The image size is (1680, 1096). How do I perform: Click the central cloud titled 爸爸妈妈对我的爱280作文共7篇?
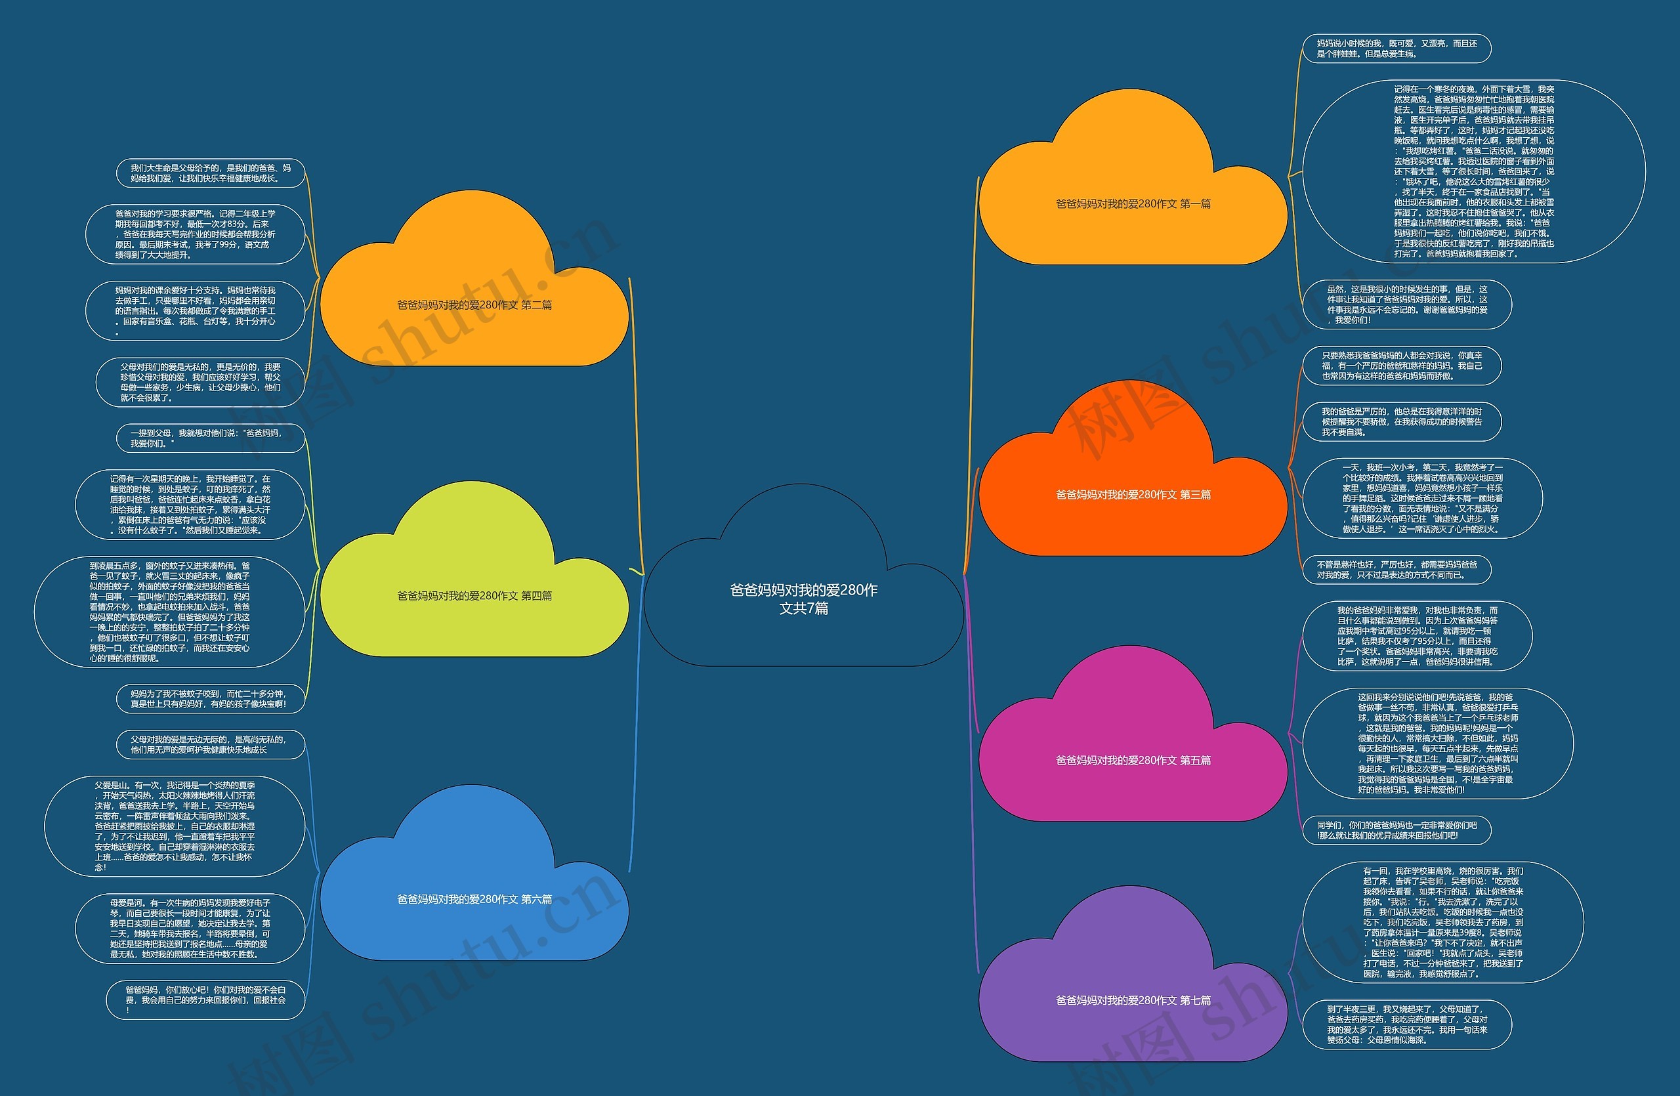pyautogui.click(x=803, y=599)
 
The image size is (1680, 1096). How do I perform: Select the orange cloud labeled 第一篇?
pyautogui.click(x=1133, y=204)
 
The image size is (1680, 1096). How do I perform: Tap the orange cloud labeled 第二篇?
pyautogui.click(x=474, y=305)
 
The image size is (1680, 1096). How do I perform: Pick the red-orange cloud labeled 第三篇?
pyautogui.click(x=1133, y=495)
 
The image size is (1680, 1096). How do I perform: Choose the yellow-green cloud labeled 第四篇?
pyautogui.click(x=474, y=596)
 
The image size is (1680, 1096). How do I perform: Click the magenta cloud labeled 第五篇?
pyautogui.click(x=1133, y=760)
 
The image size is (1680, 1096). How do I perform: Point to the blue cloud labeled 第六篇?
pyautogui.click(x=474, y=899)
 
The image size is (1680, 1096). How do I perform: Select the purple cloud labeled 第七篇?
pyautogui.click(x=1133, y=1000)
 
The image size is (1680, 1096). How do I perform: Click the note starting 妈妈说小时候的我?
pyautogui.click(x=1396, y=49)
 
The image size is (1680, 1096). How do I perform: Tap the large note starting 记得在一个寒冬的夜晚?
pyautogui.click(x=1473, y=171)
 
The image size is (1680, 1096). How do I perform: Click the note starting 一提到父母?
pyautogui.click(x=211, y=438)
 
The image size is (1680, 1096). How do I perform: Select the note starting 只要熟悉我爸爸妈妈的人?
pyautogui.click(x=1401, y=366)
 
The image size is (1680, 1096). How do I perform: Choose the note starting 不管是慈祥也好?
pyautogui.click(x=1396, y=570)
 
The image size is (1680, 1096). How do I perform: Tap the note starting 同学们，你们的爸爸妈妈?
pyautogui.click(x=1396, y=830)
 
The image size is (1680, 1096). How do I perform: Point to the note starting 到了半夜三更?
pyautogui.click(x=1406, y=1024)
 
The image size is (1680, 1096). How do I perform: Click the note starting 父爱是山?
pyautogui.click(x=175, y=826)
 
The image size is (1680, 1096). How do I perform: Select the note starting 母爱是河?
pyautogui.click(x=190, y=928)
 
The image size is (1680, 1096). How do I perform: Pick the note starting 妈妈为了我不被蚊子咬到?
pyautogui.click(x=211, y=699)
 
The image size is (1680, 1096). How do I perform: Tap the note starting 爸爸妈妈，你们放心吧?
pyautogui.click(x=205, y=1000)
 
